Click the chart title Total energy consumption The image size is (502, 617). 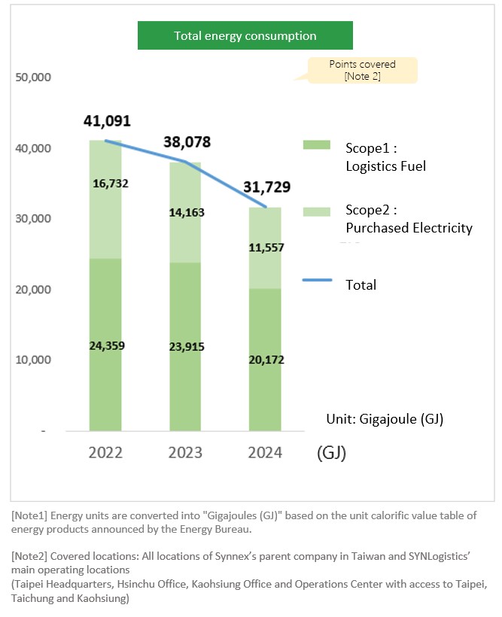[x=245, y=35]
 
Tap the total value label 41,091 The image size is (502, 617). [x=108, y=120]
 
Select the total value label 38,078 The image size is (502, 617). [x=186, y=142]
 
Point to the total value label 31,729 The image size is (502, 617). [x=266, y=187]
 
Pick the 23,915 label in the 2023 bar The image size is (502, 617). [x=185, y=347]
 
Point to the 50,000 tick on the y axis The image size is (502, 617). [x=32, y=78]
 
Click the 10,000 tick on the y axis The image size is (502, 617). [x=32, y=360]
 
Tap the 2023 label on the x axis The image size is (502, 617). [x=185, y=453]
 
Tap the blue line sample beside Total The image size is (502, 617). [x=317, y=280]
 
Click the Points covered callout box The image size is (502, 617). [x=362, y=70]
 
